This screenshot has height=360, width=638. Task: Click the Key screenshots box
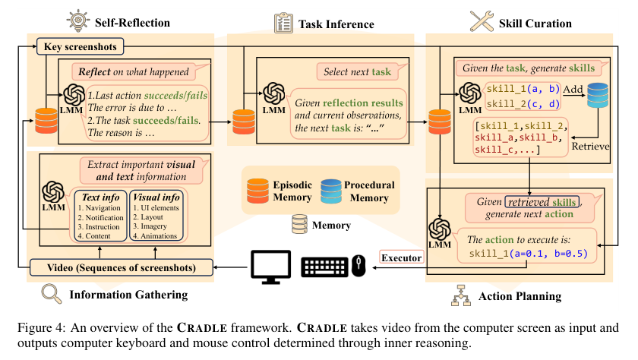[81, 47]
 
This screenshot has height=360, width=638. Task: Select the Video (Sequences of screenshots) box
[122, 267]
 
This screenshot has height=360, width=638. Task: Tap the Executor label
[401, 257]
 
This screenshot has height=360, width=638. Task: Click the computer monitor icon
[270, 267]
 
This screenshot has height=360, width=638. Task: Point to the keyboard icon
[324, 267]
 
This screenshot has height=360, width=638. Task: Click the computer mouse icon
[358, 266]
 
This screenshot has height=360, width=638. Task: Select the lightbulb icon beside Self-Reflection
[77, 21]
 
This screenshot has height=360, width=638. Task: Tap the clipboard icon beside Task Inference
[283, 23]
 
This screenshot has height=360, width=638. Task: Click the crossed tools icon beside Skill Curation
[482, 21]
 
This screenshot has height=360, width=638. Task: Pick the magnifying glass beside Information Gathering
[52, 294]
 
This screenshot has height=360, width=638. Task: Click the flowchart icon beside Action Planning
[460, 295]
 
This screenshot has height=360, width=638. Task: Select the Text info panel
[100, 216]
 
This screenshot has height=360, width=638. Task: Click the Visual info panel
[156, 216]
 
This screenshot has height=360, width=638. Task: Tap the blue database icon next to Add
[597, 95]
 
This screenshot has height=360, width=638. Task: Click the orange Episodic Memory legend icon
[257, 191]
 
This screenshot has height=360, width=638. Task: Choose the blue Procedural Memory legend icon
[331, 191]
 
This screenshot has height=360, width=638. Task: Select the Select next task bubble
[360, 71]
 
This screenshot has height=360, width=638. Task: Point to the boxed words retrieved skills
[542, 202]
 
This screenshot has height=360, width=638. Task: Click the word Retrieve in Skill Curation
[590, 147]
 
